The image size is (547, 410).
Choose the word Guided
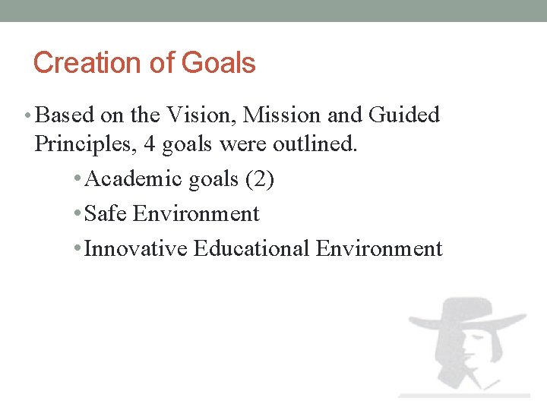pyautogui.click(x=403, y=115)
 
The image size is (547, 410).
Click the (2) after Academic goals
pyautogui.click(x=261, y=178)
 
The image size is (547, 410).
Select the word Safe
pyautogui.click(x=106, y=214)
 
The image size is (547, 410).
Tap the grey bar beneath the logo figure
pyautogui.click(x=463, y=395)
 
